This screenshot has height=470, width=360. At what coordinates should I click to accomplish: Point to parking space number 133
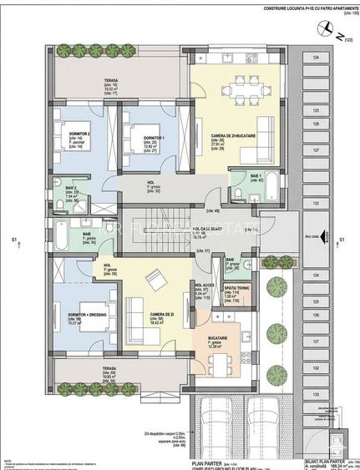coord(316,392)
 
